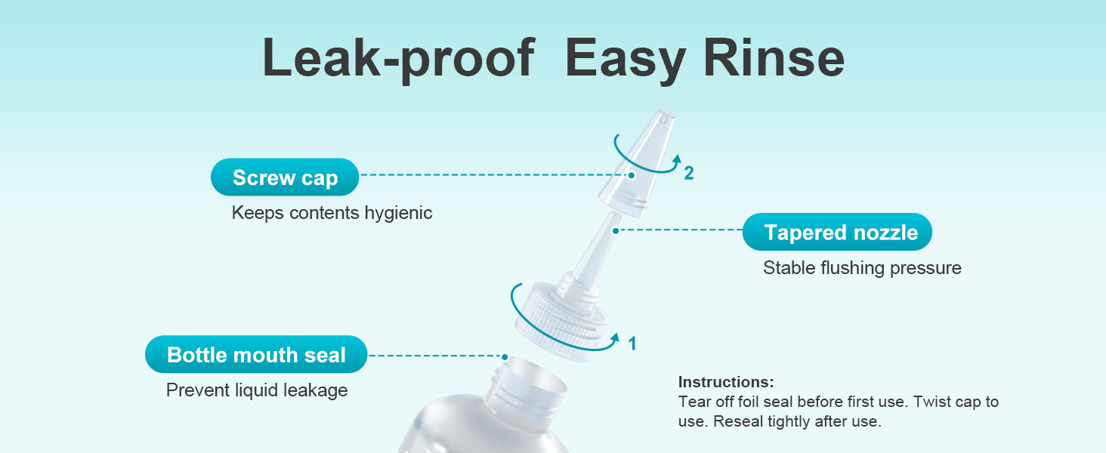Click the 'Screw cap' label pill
click(x=285, y=177)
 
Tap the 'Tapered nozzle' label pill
click(x=837, y=232)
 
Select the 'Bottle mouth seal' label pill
click(x=256, y=354)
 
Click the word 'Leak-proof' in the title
click(x=398, y=58)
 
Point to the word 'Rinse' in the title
click(x=774, y=58)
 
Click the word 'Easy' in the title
click(x=625, y=60)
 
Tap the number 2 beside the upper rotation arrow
click(x=689, y=173)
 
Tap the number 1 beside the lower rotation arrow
click(x=632, y=343)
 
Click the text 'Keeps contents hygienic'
click(x=332, y=213)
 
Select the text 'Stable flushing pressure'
click(x=862, y=268)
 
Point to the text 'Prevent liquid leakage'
click(x=257, y=390)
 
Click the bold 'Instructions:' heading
click(x=726, y=382)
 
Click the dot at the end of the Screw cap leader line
click(x=631, y=175)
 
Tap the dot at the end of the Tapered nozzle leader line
click(x=616, y=230)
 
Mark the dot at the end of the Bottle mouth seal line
click(x=505, y=356)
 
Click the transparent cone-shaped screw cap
click(x=637, y=163)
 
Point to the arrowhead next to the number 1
click(x=615, y=338)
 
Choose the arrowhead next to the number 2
click(x=678, y=160)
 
